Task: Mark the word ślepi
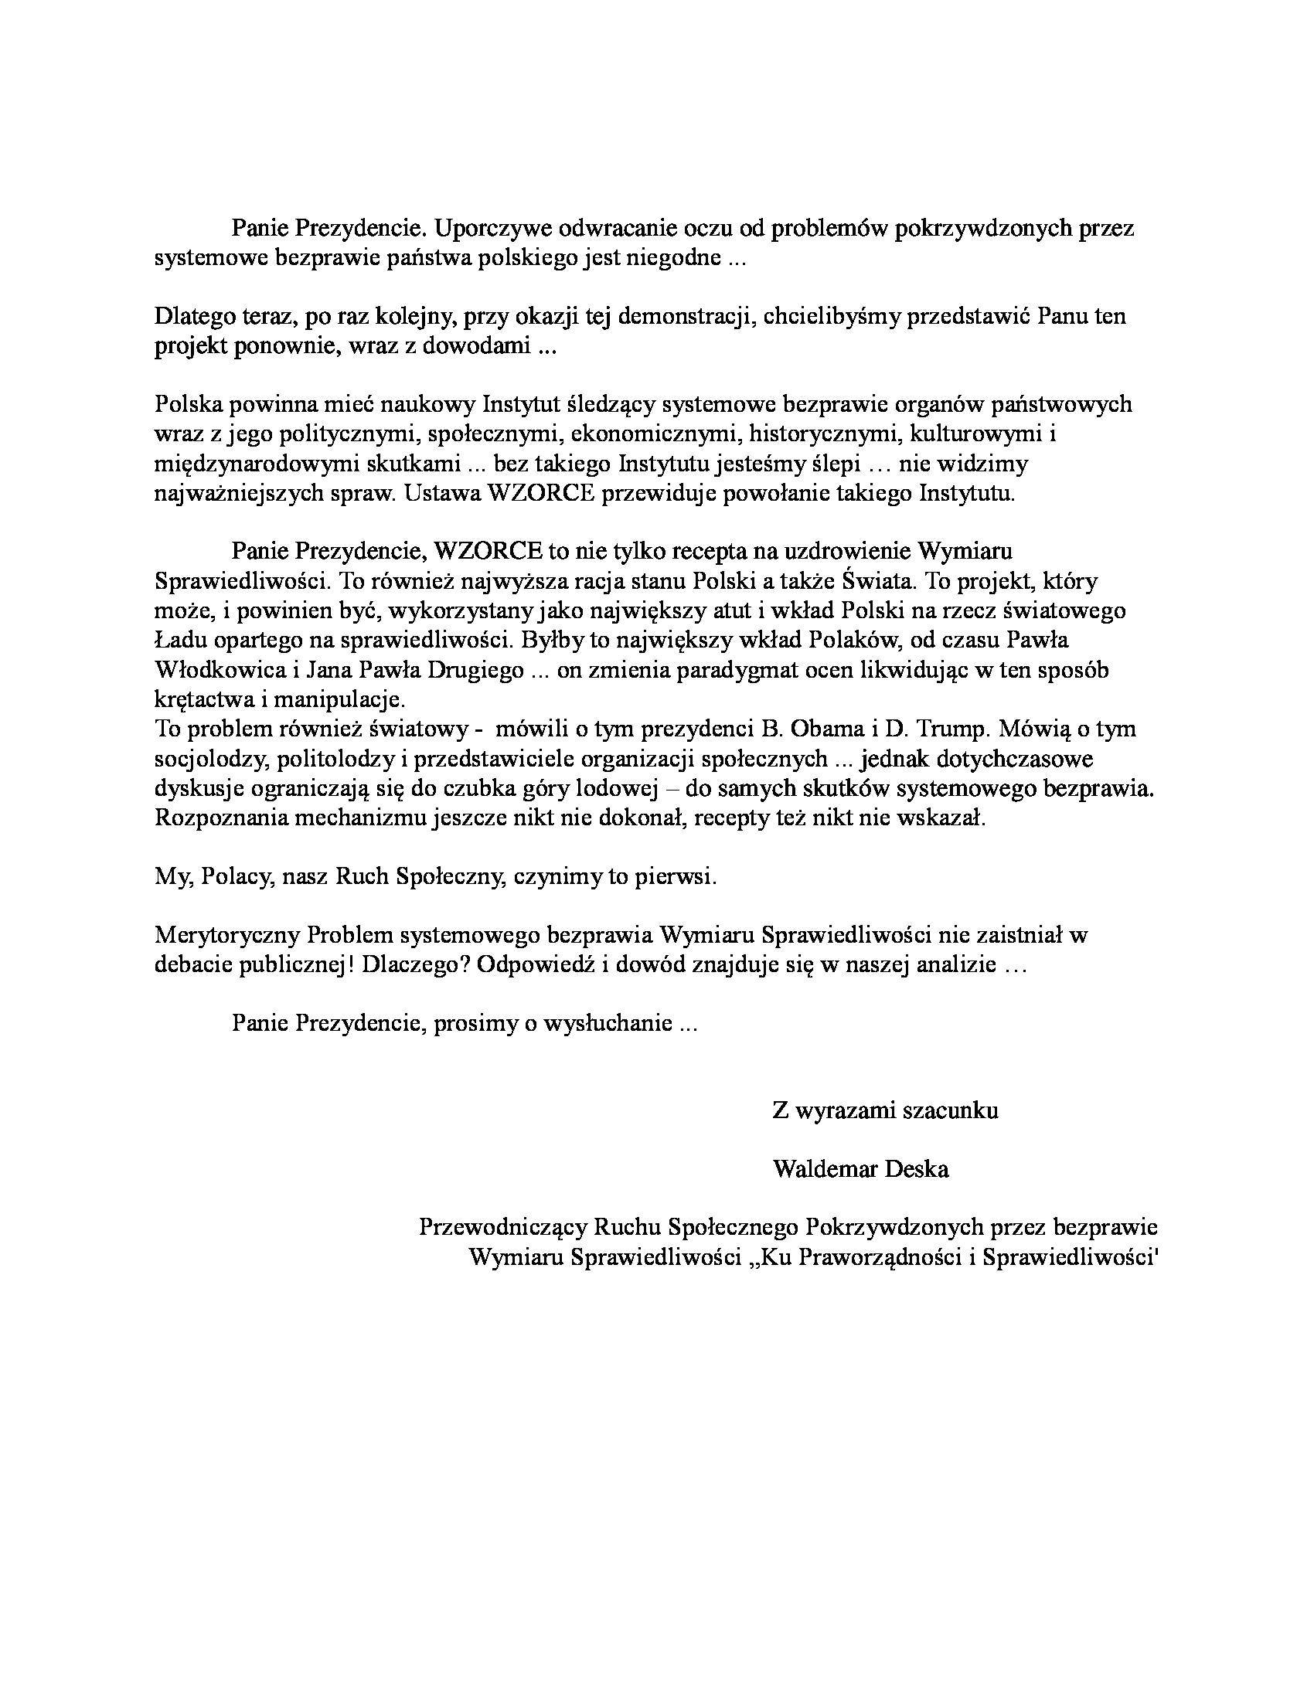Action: click(x=838, y=464)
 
